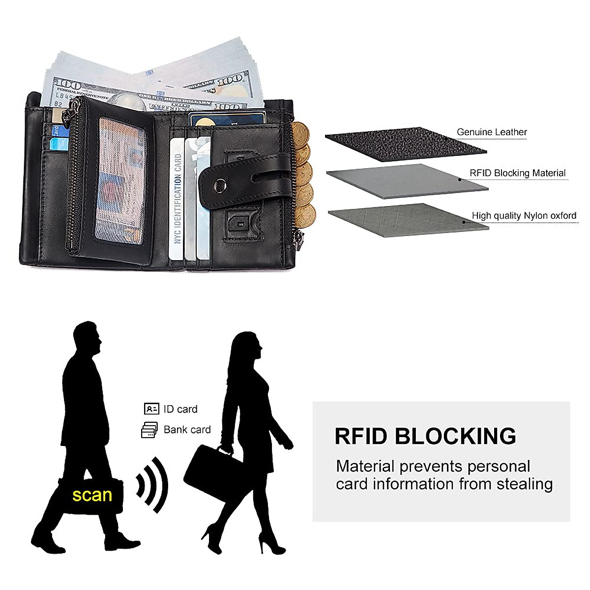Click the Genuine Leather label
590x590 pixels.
coord(492,132)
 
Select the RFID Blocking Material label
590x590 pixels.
coord(517,173)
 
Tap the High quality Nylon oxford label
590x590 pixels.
coord(524,215)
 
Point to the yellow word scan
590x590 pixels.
coord(92,495)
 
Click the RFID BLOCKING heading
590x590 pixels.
coord(425,436)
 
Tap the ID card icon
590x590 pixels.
coord(151,409)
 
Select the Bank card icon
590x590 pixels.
coord(149,430)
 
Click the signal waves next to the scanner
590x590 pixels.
coord(152,485)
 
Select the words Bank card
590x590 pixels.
coord(187,430)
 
